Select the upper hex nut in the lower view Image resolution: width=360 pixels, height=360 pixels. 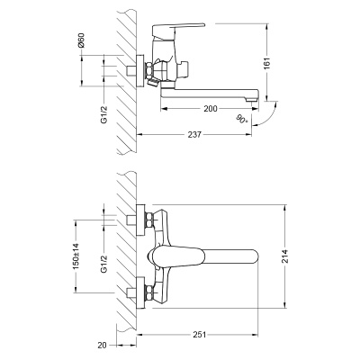click(143, 220)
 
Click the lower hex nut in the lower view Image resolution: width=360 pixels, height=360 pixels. click(143, 291)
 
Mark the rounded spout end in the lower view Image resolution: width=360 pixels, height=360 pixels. click(254, 256)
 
